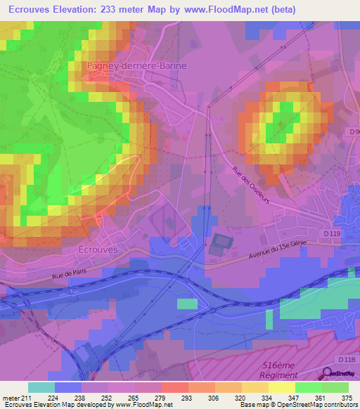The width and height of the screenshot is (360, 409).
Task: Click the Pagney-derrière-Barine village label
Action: coord(137,66)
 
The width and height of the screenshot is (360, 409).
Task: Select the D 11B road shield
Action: coord(345,360)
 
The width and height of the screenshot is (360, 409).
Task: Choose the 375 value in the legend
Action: coord(347,397)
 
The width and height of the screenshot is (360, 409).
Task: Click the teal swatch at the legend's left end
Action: coord(41,387)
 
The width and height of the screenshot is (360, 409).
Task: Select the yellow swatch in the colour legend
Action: coord(282,387)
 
